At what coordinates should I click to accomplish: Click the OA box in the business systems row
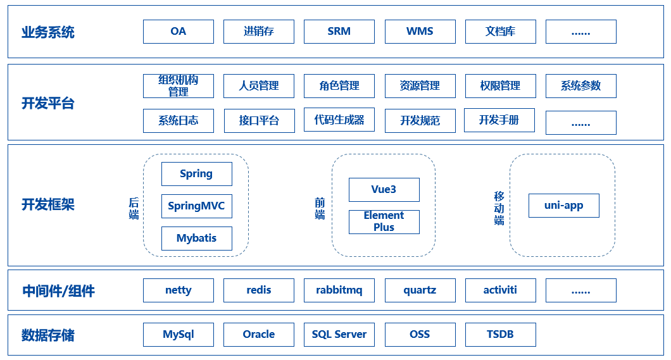pyautogui.click(x=178, y=32)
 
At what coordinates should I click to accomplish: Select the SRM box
pyautogui.click(x=339, y=32)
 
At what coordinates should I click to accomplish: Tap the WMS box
pyautogui.click(x=420, y=32)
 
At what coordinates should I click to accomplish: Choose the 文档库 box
pyautogui.click(x=500, y=32)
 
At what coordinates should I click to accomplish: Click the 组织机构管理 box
pyautogui.click(x=178, y=86)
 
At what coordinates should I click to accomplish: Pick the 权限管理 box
pyautogui.click(x=500, y=86)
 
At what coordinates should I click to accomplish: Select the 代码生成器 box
pyautogui.click(x=339, y=120)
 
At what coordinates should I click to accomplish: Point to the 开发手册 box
pyautogui.click(x=499, y=120)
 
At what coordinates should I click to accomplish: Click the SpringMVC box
pyautogui.click(x=196, y=206)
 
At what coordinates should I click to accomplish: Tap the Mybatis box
pyautogui.click(x=196, y=239)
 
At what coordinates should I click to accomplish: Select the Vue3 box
pyautogui.click(x=384, y=190)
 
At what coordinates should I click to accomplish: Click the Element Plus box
pyautogui.click(x=384, y=221)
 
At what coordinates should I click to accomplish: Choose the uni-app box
pyautogui.click(x=563, y=206)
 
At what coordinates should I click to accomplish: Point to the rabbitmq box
pyautogui.click(x=339, y=290)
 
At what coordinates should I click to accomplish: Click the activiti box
pyautogui.click(x=500, y=290)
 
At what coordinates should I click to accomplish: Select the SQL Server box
pyautogui.click(x=339, y=335)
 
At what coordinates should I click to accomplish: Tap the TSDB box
pyautogui.click(x=500, y=335)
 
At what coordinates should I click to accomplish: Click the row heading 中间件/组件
pyautogui.click(x=58, y=291)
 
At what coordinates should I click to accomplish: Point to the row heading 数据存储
pyautogui.click(x=47, y=335)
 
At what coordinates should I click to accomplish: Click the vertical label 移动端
pyautogui.click(x=499, y=208)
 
